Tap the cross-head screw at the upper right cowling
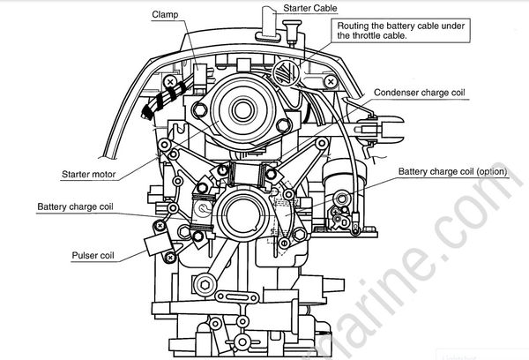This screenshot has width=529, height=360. click(330, 81)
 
